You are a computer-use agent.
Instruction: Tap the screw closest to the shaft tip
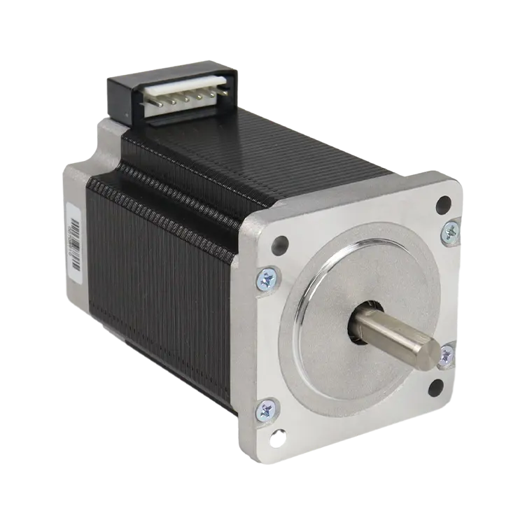tap(446, 356)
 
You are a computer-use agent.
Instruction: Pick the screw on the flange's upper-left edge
tap(267, 279)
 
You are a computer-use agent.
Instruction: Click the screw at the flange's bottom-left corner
tap(267, 409)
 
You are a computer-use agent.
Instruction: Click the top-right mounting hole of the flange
tap(442, 204)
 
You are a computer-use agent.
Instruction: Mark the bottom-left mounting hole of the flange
tap(279, 439)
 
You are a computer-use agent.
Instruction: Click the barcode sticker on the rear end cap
tap(73, 238)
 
